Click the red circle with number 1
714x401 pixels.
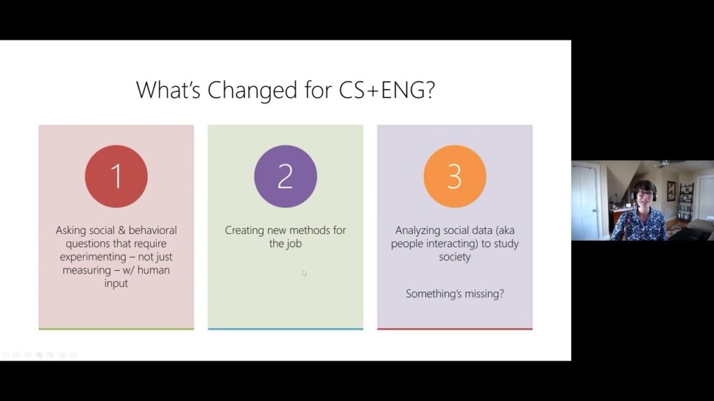(116, 176)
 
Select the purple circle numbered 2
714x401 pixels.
(285, 176)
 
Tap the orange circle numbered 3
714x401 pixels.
(455, 176)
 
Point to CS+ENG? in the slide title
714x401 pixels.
(387, 90)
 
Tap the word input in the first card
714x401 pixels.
(116, 284)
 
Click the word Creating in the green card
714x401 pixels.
(245, 230)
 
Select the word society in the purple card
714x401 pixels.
(455, 258)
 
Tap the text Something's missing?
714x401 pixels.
(455, 294)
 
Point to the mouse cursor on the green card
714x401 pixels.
(304, 273)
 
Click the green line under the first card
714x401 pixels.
(116, 329)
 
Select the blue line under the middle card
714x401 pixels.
(285, 329)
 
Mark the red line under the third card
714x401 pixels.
(455, 329)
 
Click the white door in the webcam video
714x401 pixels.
(585, 202)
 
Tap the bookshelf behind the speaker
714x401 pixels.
(686, 203)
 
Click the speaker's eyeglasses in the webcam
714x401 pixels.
(645, 194)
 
